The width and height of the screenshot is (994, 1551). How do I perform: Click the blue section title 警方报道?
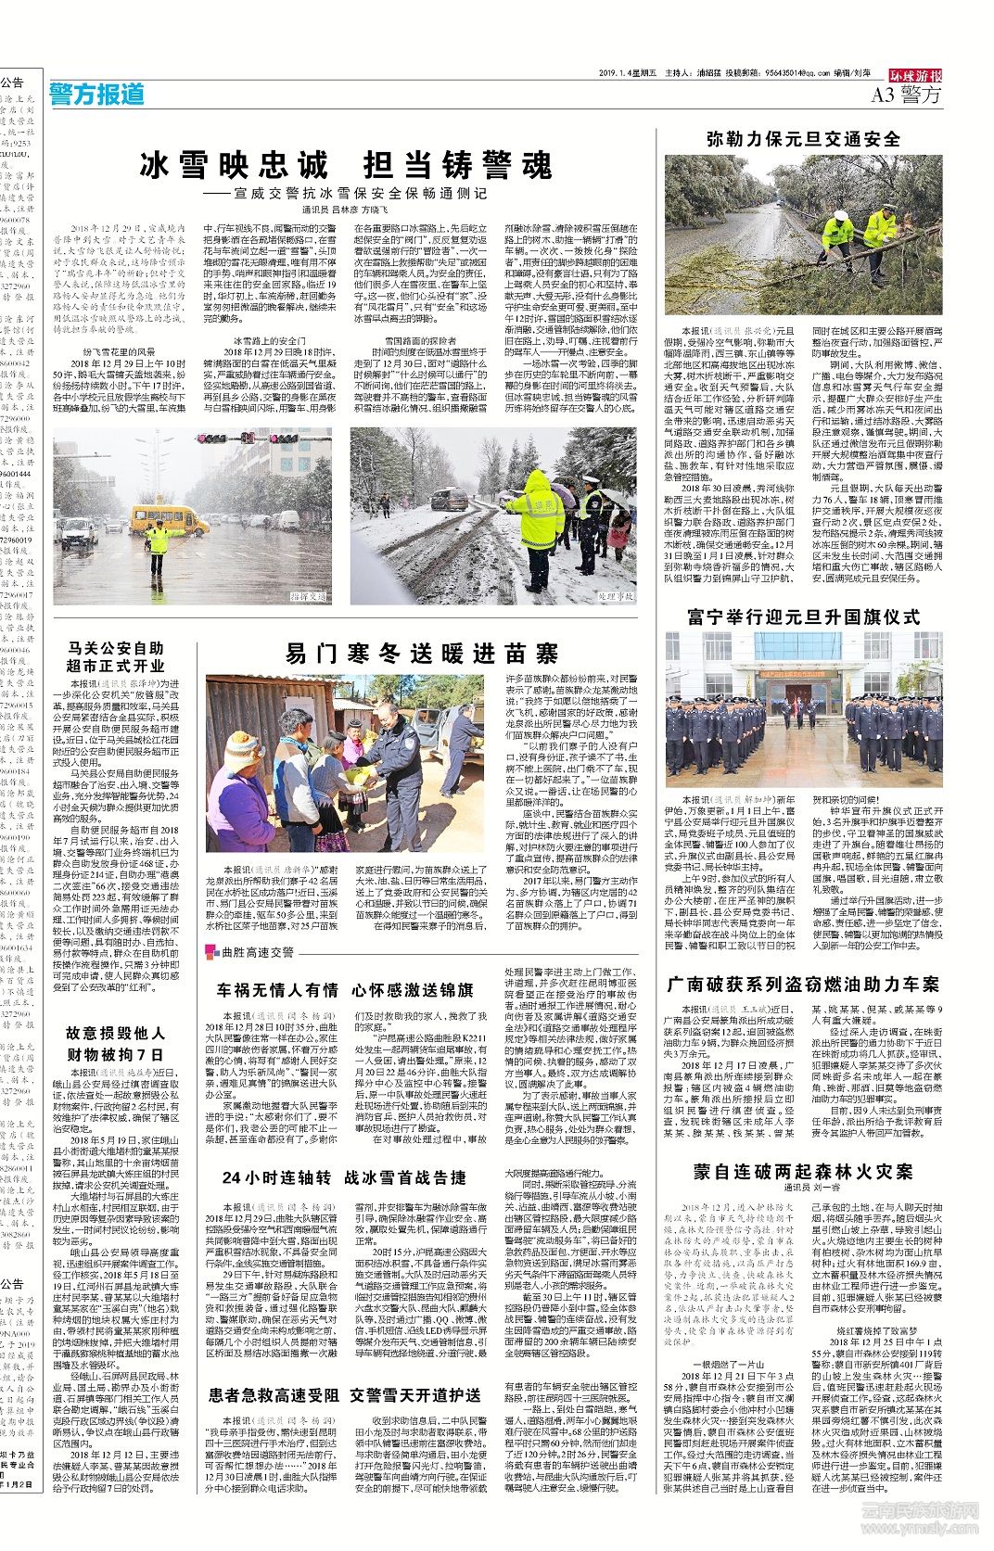pyautogui.click(x=98, y=94)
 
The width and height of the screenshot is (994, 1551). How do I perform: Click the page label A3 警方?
pyautogui.click(x=906, y=95)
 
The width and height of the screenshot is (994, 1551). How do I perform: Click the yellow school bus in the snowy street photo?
pyautogui.click(x=169, y=518)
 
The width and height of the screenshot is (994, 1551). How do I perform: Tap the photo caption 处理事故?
pyautogui.click(x=616, y=597)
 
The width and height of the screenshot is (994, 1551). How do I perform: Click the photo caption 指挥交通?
pyautogui.click(x=307, y=597)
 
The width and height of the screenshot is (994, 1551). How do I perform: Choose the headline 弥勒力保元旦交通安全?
pyautogui.click(x=803, y=140)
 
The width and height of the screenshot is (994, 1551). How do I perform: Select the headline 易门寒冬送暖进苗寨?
pyautogui.click(x=422, y=653)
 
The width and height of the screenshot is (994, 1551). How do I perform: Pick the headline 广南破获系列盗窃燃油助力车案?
pyautogui.click(x=803, y=984)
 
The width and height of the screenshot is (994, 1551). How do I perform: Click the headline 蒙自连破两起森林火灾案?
pyautogui.click(x=803, y=1171)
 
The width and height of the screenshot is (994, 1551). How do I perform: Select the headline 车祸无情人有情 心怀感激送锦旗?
pyautogui.click(x=345, y=990)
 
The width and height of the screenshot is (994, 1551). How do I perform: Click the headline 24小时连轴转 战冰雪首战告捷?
pyautogui.click(x=344, y=1177)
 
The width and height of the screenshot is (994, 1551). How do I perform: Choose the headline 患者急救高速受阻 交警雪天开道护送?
pyautogui.click(x=345, y=1394)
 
